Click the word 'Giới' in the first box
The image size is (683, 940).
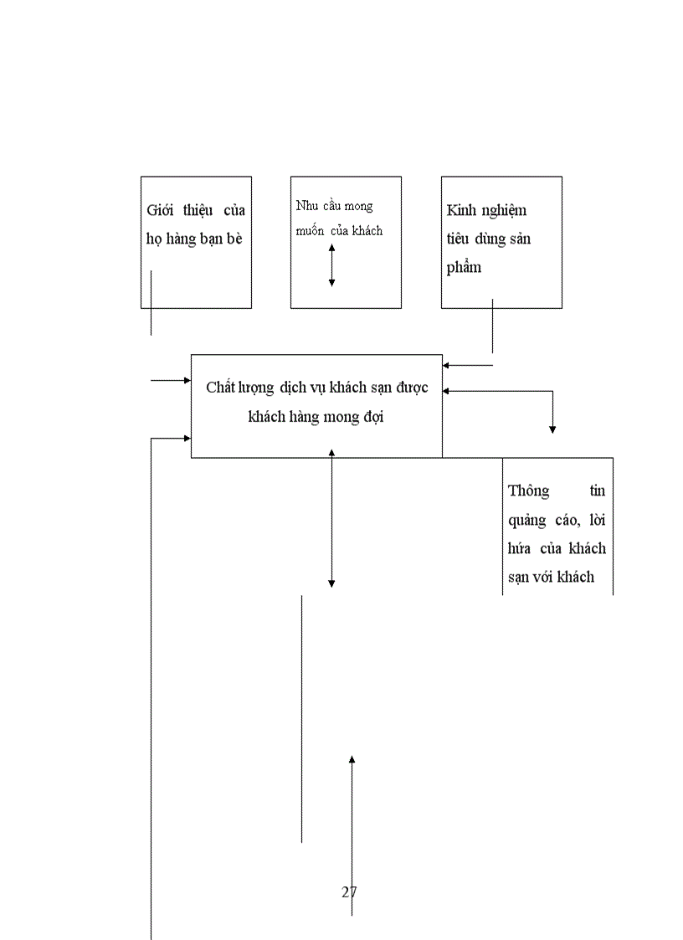[x=160, y=210]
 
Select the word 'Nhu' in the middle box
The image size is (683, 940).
[x=306, y=206]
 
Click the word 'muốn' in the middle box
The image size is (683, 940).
[x=310, y=231]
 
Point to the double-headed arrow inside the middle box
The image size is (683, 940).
[x=331, y=265]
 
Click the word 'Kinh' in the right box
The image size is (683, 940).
[x=463, y=210]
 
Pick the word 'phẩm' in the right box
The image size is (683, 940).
[x=465, y=269]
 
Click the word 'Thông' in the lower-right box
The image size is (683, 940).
[x=529, y=491]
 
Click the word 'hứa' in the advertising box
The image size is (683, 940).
[x=520, y=549]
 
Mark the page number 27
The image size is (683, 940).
[x=349, y=892]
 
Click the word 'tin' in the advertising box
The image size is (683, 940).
[x=597, y=491]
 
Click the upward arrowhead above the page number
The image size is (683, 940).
[x=352, y=759]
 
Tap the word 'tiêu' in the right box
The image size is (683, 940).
[x=461, y=239]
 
